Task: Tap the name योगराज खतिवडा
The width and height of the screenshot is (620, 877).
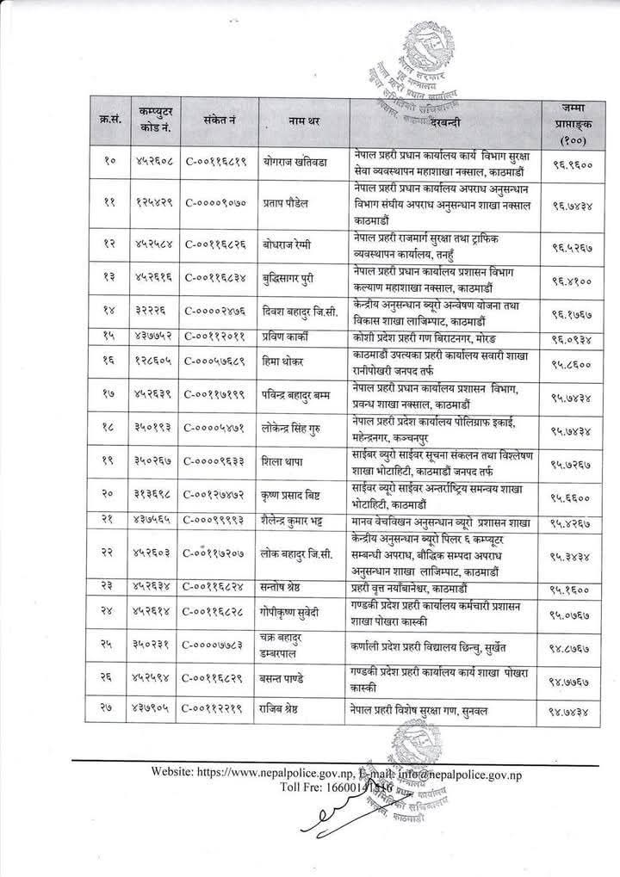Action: point(298,160)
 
